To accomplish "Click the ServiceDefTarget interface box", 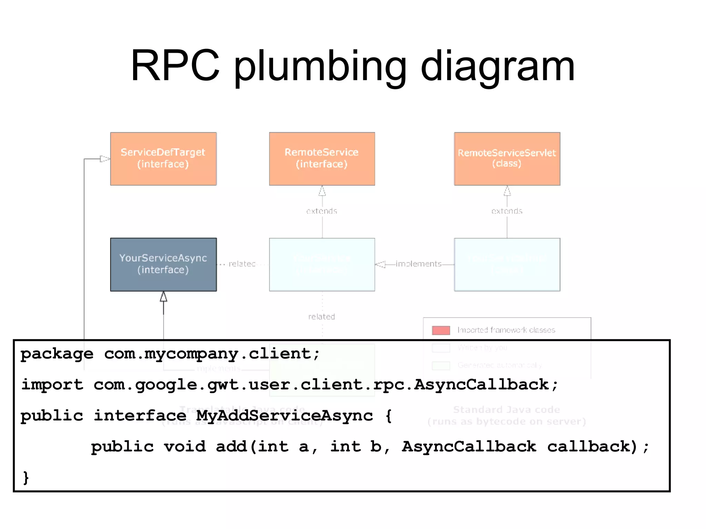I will tap(163, 159).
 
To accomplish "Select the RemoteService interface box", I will tap(322, 159).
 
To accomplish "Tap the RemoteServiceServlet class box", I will tap(507, 159).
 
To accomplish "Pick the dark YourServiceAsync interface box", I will tap(163, 264).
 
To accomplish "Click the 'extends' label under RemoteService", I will tap(322, 211).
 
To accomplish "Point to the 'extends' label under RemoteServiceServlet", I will tap(507, 211).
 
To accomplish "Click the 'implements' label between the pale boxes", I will tap(418, 264).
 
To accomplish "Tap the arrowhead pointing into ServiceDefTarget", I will tap(105, 159).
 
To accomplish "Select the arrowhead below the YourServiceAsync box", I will tap(163, 297).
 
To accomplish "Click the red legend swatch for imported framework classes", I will tap(441, 330).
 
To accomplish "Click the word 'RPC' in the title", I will tap(175, 66).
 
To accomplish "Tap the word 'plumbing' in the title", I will tap(320, 67).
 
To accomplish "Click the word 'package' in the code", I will tap(57, 354).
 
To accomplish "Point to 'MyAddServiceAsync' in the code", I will tap(284, 416).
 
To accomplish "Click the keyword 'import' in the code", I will tap(52, 385).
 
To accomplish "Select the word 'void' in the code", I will tap(185, 447).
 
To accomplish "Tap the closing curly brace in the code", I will tap(26, 478).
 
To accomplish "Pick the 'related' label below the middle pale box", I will tap(322, 317).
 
